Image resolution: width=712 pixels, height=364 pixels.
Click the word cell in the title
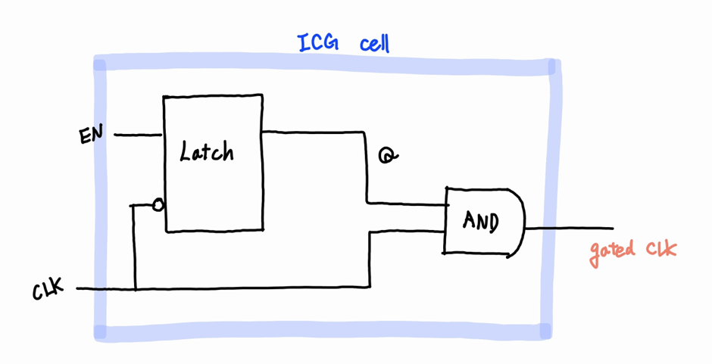[375, 43]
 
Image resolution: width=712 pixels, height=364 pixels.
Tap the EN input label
[92, 136]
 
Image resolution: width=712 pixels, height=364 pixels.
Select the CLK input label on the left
[49, 290]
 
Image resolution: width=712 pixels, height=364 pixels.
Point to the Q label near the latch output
[388, 156]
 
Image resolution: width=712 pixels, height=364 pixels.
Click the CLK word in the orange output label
[660, 250]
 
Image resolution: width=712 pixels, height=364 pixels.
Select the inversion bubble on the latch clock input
[158, 205]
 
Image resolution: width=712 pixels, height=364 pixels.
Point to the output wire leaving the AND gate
[568, 228]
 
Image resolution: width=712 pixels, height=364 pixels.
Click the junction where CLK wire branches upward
[135, 288]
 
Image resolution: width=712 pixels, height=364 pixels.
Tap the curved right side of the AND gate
[521, 221]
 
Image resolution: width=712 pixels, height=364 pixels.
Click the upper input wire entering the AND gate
[409, 203]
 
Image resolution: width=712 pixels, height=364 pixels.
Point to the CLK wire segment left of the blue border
[85, 288]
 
